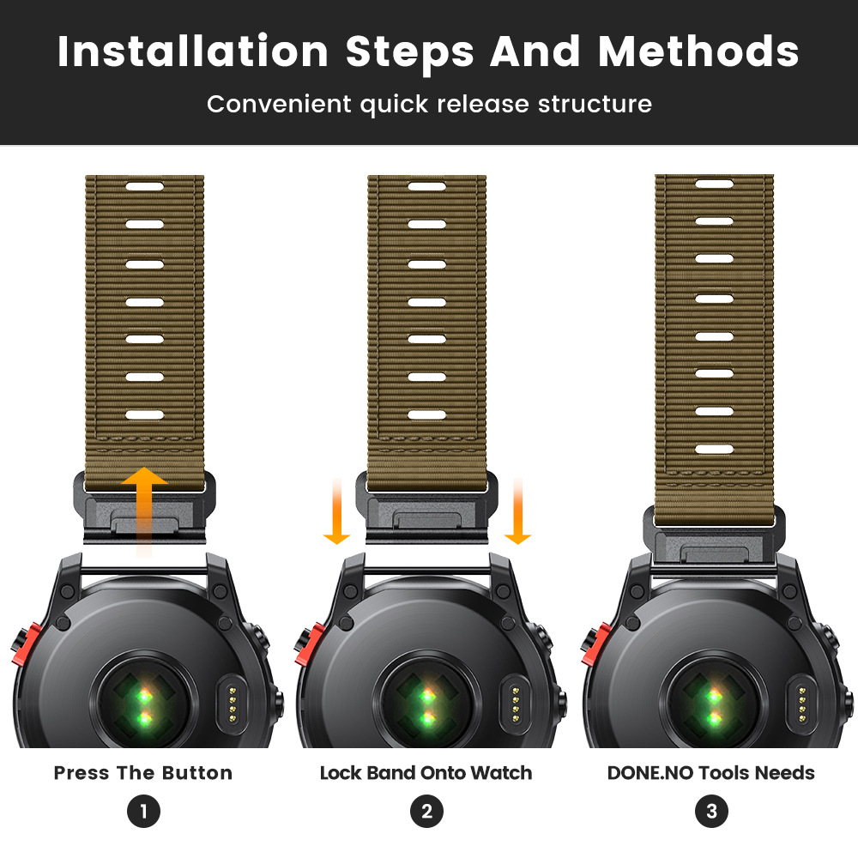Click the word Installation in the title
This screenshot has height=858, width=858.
click(192, 51)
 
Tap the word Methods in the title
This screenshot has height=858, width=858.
click(698, 51)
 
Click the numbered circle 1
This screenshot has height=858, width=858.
click(143, 811)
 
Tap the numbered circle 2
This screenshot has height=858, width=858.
click(426, 811)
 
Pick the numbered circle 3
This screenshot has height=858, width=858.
click(711, 811)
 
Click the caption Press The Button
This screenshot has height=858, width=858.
click(142, 773)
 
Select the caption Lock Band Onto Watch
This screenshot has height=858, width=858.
click(426, 773)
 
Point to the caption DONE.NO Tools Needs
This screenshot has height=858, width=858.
click(710, 773)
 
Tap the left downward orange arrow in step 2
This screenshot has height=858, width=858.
click(336, 511)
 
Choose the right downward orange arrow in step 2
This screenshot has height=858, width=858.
click(517, 511)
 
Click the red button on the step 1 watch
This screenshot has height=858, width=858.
click(26, 644)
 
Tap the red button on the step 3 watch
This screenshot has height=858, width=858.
click(596, 644)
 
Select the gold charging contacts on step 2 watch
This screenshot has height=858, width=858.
click(515, 704)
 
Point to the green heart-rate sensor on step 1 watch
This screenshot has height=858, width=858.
click(144, 706)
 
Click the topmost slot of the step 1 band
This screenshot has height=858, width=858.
click(144, 186)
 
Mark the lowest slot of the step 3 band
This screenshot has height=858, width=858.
click(714, 450)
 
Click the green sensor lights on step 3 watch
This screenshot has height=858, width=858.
click(714, 706)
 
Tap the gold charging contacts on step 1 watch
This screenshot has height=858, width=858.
click(233, 704)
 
